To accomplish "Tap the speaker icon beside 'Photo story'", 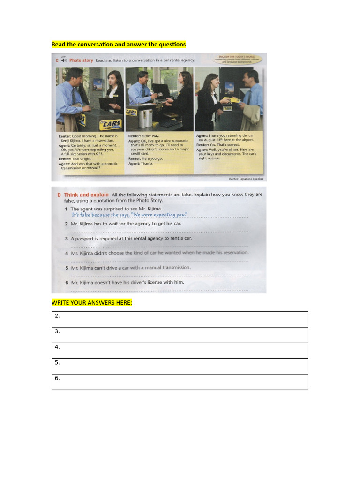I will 63,60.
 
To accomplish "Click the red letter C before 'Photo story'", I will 57,60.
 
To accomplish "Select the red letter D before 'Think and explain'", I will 59,195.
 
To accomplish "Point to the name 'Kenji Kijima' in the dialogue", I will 72,140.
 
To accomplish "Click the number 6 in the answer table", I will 57,378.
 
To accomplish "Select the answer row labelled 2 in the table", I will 180,319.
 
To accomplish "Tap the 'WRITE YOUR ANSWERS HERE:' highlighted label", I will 92,303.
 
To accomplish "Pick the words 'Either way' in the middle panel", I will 151,136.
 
